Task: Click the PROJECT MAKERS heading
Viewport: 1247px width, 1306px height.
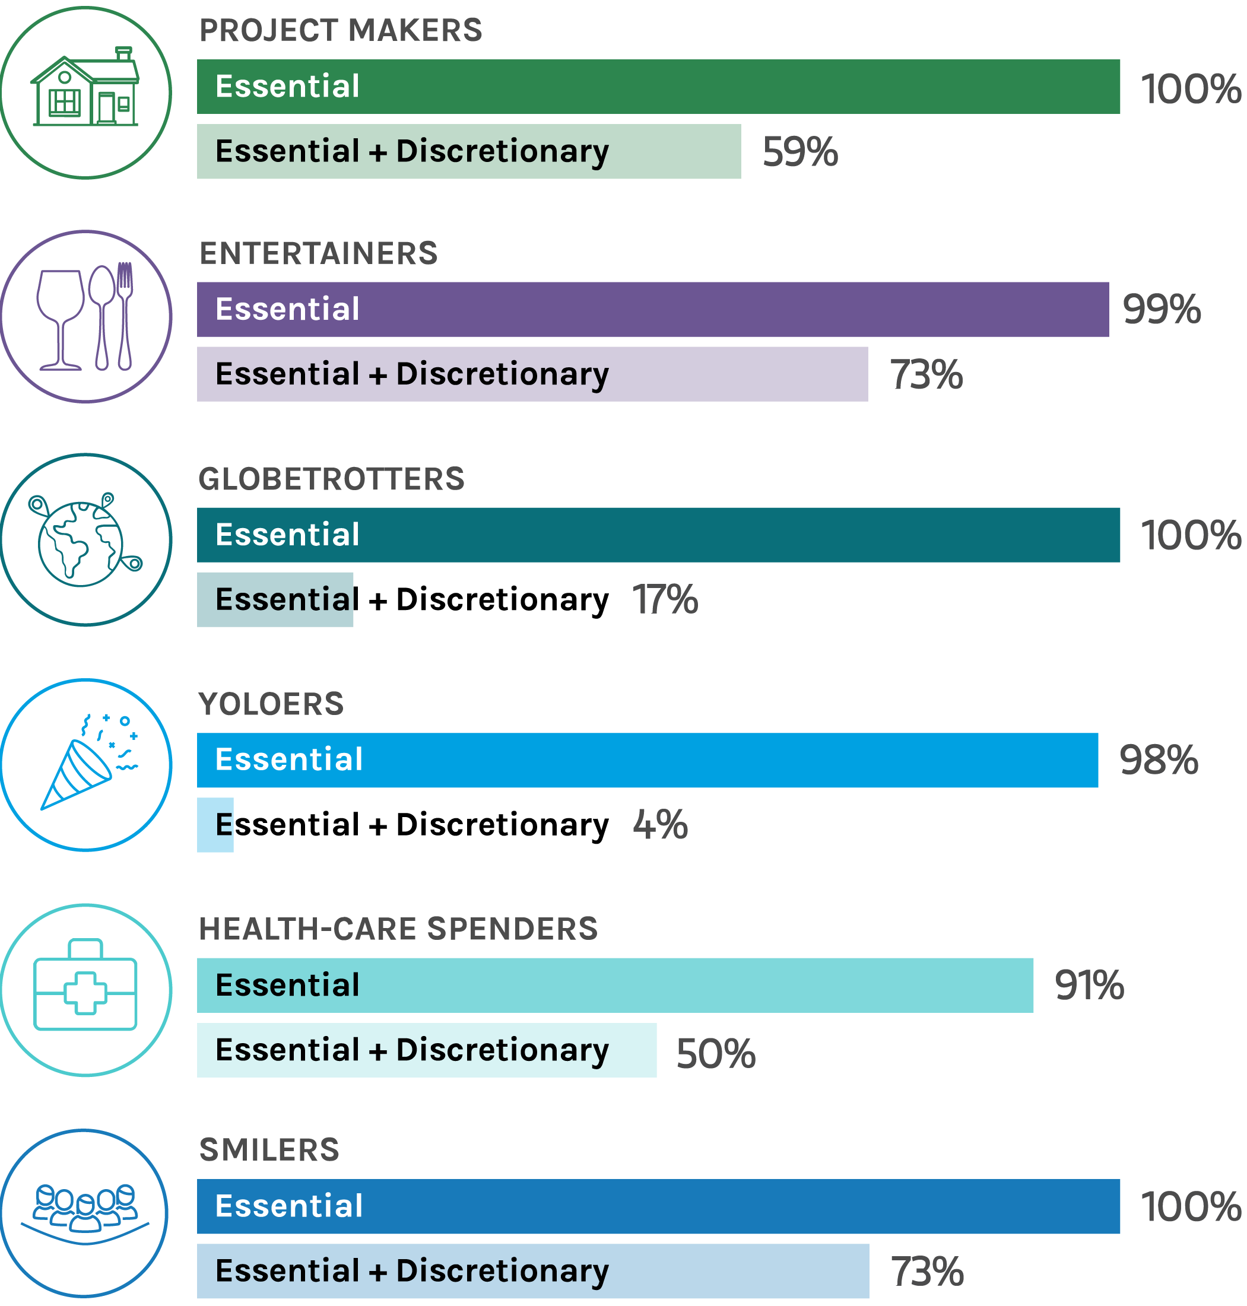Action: pyautogui.click(x=340, y=31)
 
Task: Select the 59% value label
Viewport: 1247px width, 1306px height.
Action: pyautogui.click(x=799, y=152)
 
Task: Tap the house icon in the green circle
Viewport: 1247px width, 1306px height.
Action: pyautogui.click(x=85, y=88)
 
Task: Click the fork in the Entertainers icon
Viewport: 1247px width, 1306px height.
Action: pyautogui.click(x=124, y=316)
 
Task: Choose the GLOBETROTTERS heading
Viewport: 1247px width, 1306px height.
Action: pyautogui.click(x=331, y=479)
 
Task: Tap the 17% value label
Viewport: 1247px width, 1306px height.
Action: pyautogui.click(x=664, y=599)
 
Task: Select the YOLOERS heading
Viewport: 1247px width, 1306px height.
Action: pyautogui.click(x=271, y=704)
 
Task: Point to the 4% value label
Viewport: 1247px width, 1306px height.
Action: pyautogui.click(x=659, y=825)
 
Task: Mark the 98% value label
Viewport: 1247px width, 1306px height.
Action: pyautogui.click(x=1158, y=760)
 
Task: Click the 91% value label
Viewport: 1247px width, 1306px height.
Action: pyautogui.click(x=1088, y=986)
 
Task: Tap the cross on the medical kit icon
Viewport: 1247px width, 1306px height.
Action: pyautogui.click(x=85, y=993)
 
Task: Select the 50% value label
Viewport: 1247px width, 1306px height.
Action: pyautogui.click(x=715, y=1054)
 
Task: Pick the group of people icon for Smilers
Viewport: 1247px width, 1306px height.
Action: pyautogui.click(x=85, y=1213)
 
